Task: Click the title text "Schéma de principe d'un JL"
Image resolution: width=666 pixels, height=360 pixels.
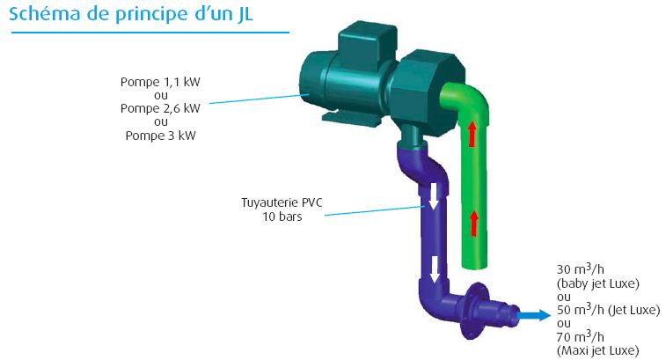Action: click(131, 14)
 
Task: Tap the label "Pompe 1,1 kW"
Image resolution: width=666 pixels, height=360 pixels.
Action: click(160, 82)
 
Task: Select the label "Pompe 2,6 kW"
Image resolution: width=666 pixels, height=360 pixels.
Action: click(160, 108)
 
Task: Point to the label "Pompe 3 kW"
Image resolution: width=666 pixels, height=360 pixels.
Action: click(160, 136)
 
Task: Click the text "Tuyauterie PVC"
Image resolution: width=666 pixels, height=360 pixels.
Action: click(282, 202)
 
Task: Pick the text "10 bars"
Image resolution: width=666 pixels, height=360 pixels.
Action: click(282, 217)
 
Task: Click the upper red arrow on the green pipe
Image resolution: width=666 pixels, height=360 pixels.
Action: click(472, 133)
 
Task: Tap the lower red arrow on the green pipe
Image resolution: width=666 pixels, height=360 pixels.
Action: click(473, 224)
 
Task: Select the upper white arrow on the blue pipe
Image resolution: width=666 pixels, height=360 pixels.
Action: click(433, 196)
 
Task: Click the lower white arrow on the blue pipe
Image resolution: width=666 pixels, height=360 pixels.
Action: click(434, 268)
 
